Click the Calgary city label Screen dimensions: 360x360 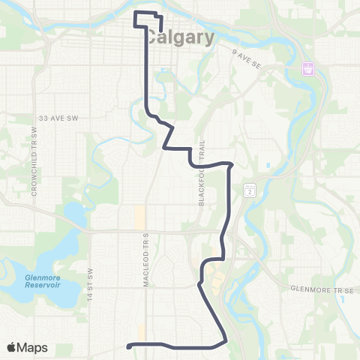click(x=180, y=37)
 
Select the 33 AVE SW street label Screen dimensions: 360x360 click(x=58, y=118)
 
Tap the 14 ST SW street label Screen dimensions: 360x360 click(x=89, y=280)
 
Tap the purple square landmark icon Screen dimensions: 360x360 click(x=307, y=68)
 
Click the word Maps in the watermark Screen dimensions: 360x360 click(x=34, y=347)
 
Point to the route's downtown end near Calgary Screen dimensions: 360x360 click(x=162, y=30)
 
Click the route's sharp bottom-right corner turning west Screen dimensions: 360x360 click(x=226, y=341)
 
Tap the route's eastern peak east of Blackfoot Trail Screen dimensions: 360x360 click(x=231, y=164)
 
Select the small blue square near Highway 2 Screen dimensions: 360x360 click(x=268, y=165)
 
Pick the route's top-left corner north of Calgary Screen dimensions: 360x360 click(x=135, y=13)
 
